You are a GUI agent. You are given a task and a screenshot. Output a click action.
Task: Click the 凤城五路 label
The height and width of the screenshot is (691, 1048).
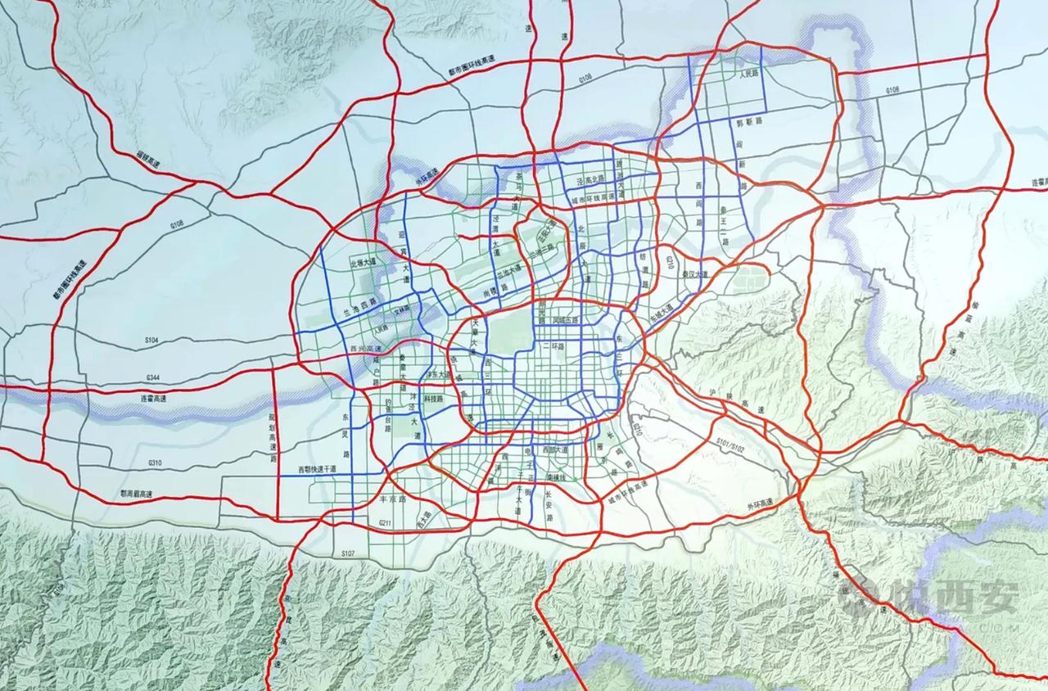pyautogui.click(x=564, y=319)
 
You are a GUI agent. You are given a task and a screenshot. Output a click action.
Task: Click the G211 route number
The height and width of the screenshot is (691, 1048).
pyautogui.click(x=386, y=522)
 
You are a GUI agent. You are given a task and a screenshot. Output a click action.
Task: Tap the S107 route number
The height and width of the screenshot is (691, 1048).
pyautogui.click(x=348, y=554)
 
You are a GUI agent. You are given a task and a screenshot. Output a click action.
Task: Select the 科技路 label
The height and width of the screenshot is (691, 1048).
pyautogui.click(x=433, y=399)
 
